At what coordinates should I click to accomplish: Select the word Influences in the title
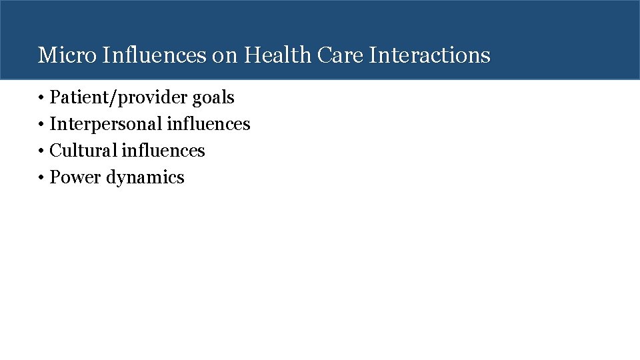(154, 55)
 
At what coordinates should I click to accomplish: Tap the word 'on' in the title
(225, 55)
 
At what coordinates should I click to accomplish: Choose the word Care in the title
(341, 55)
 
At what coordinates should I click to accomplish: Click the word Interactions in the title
(429, 55)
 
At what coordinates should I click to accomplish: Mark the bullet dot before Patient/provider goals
(41, 98)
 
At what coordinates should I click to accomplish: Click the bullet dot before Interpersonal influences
(41, 125)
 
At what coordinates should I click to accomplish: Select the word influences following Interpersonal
(209, 124)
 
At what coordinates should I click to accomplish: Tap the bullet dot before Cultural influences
(41, 151)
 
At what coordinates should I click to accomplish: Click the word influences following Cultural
(163, 151)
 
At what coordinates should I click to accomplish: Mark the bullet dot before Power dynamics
(41, 178)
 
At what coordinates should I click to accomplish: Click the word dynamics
(145, 178)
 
